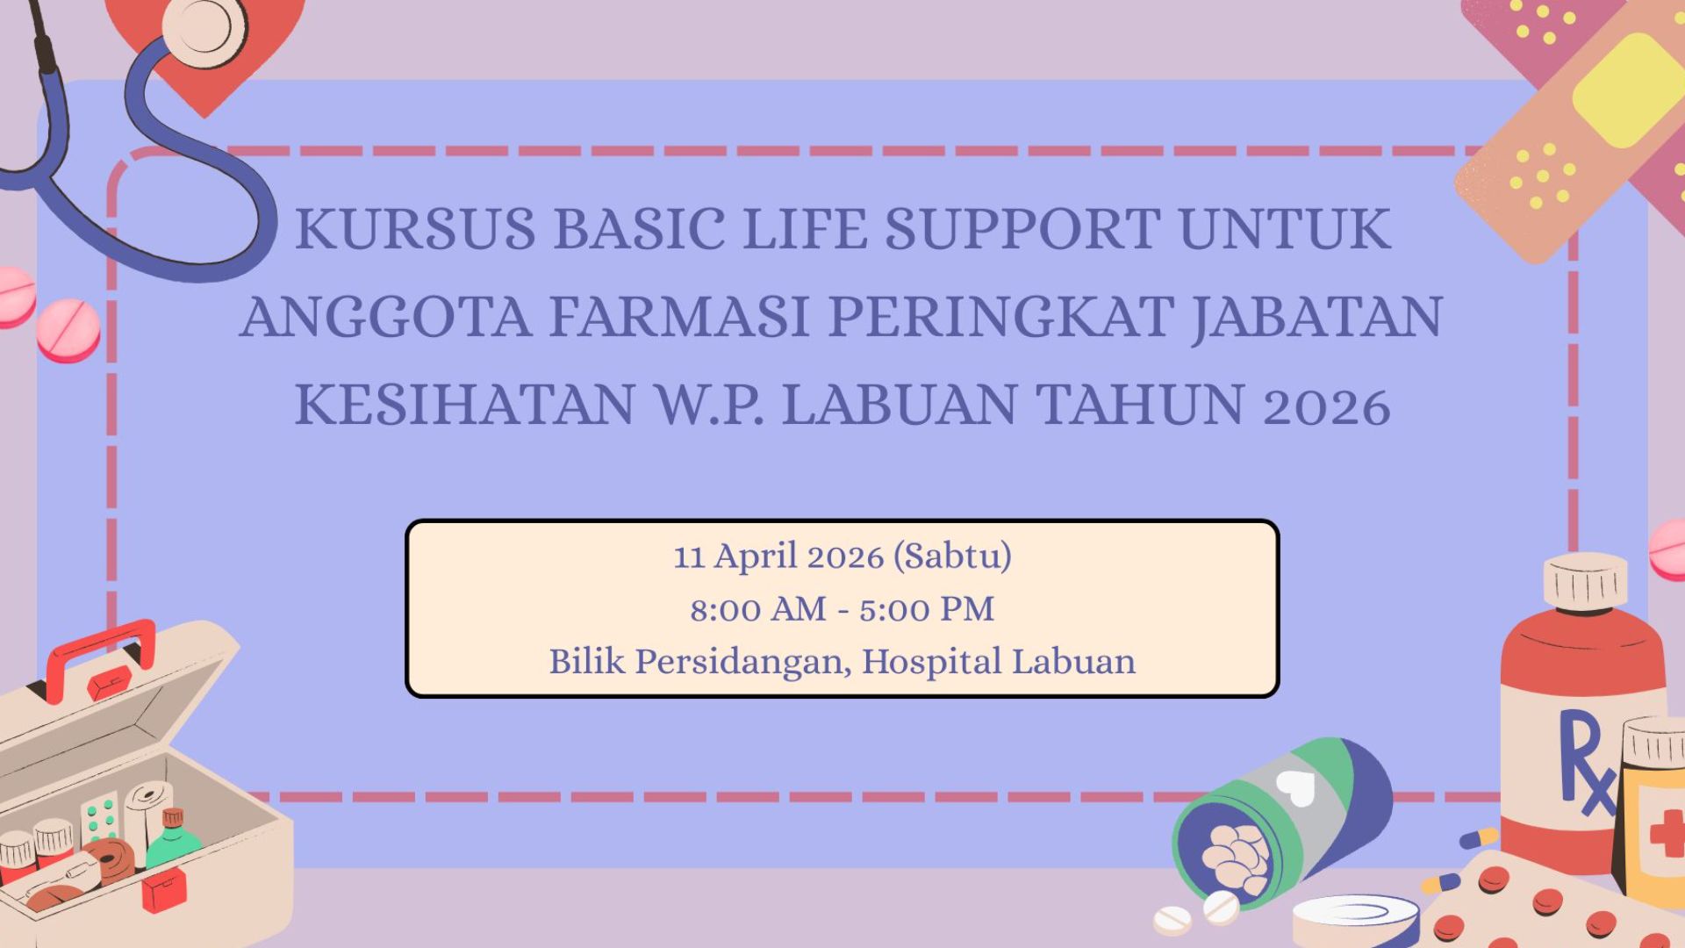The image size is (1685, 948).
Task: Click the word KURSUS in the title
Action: [x=414, y=229]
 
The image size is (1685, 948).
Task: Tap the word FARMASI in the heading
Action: [x=678, y=317]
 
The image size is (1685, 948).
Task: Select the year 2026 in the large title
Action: [x=1326, y=406]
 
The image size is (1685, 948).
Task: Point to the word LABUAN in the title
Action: [x=900, y=405]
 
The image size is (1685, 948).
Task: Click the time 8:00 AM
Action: [x=758, y=609]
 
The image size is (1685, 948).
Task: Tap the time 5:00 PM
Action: [x=927, y=609]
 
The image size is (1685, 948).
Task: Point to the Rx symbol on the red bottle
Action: [x=1585, y=762]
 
